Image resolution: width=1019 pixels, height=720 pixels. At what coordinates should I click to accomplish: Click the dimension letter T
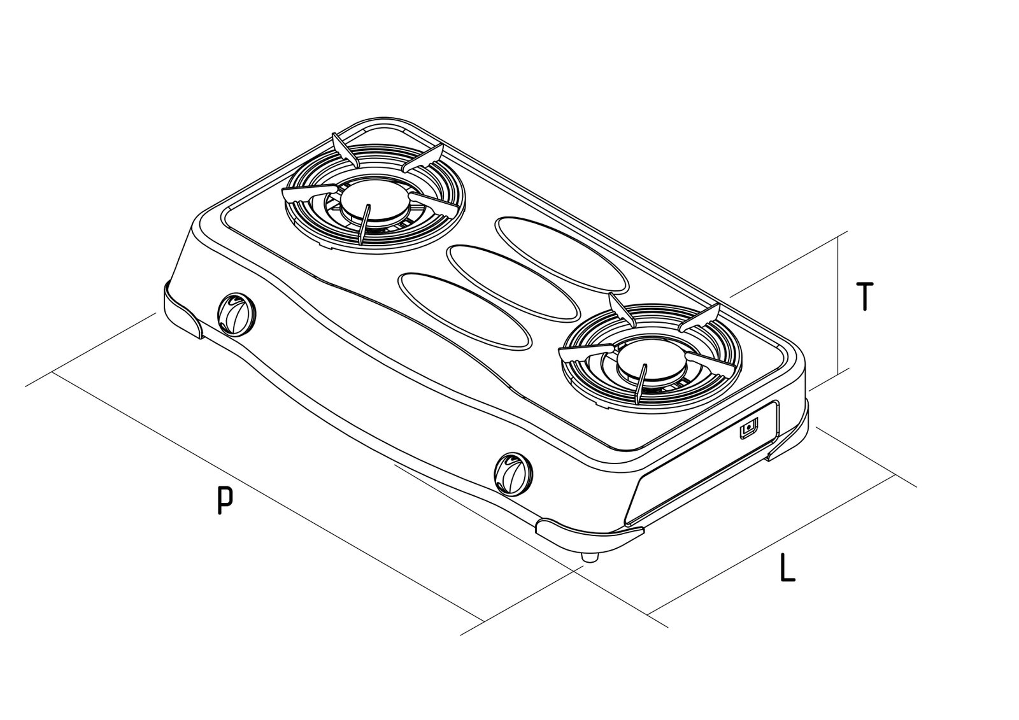(864, 297)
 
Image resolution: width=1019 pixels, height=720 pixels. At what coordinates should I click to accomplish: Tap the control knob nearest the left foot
(236, 313)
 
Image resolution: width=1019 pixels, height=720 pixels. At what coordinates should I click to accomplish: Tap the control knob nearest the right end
(513, 472)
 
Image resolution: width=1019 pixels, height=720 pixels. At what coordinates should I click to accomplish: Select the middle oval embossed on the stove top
(513, 282)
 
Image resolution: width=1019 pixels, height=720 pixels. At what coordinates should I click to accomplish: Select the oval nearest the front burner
(464, 311)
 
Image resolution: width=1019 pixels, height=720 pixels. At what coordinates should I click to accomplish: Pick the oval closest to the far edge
(561, 254)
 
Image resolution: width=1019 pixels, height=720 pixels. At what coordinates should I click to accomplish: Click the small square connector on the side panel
(748, 428)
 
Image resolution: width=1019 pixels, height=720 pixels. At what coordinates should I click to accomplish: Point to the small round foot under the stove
(590, 558)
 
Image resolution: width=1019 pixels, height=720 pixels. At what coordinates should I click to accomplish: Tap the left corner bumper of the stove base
(183, 309)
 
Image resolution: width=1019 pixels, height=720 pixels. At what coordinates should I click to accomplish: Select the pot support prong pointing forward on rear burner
(364, 224)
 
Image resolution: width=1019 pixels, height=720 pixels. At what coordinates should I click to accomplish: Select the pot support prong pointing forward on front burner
(641, 383)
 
